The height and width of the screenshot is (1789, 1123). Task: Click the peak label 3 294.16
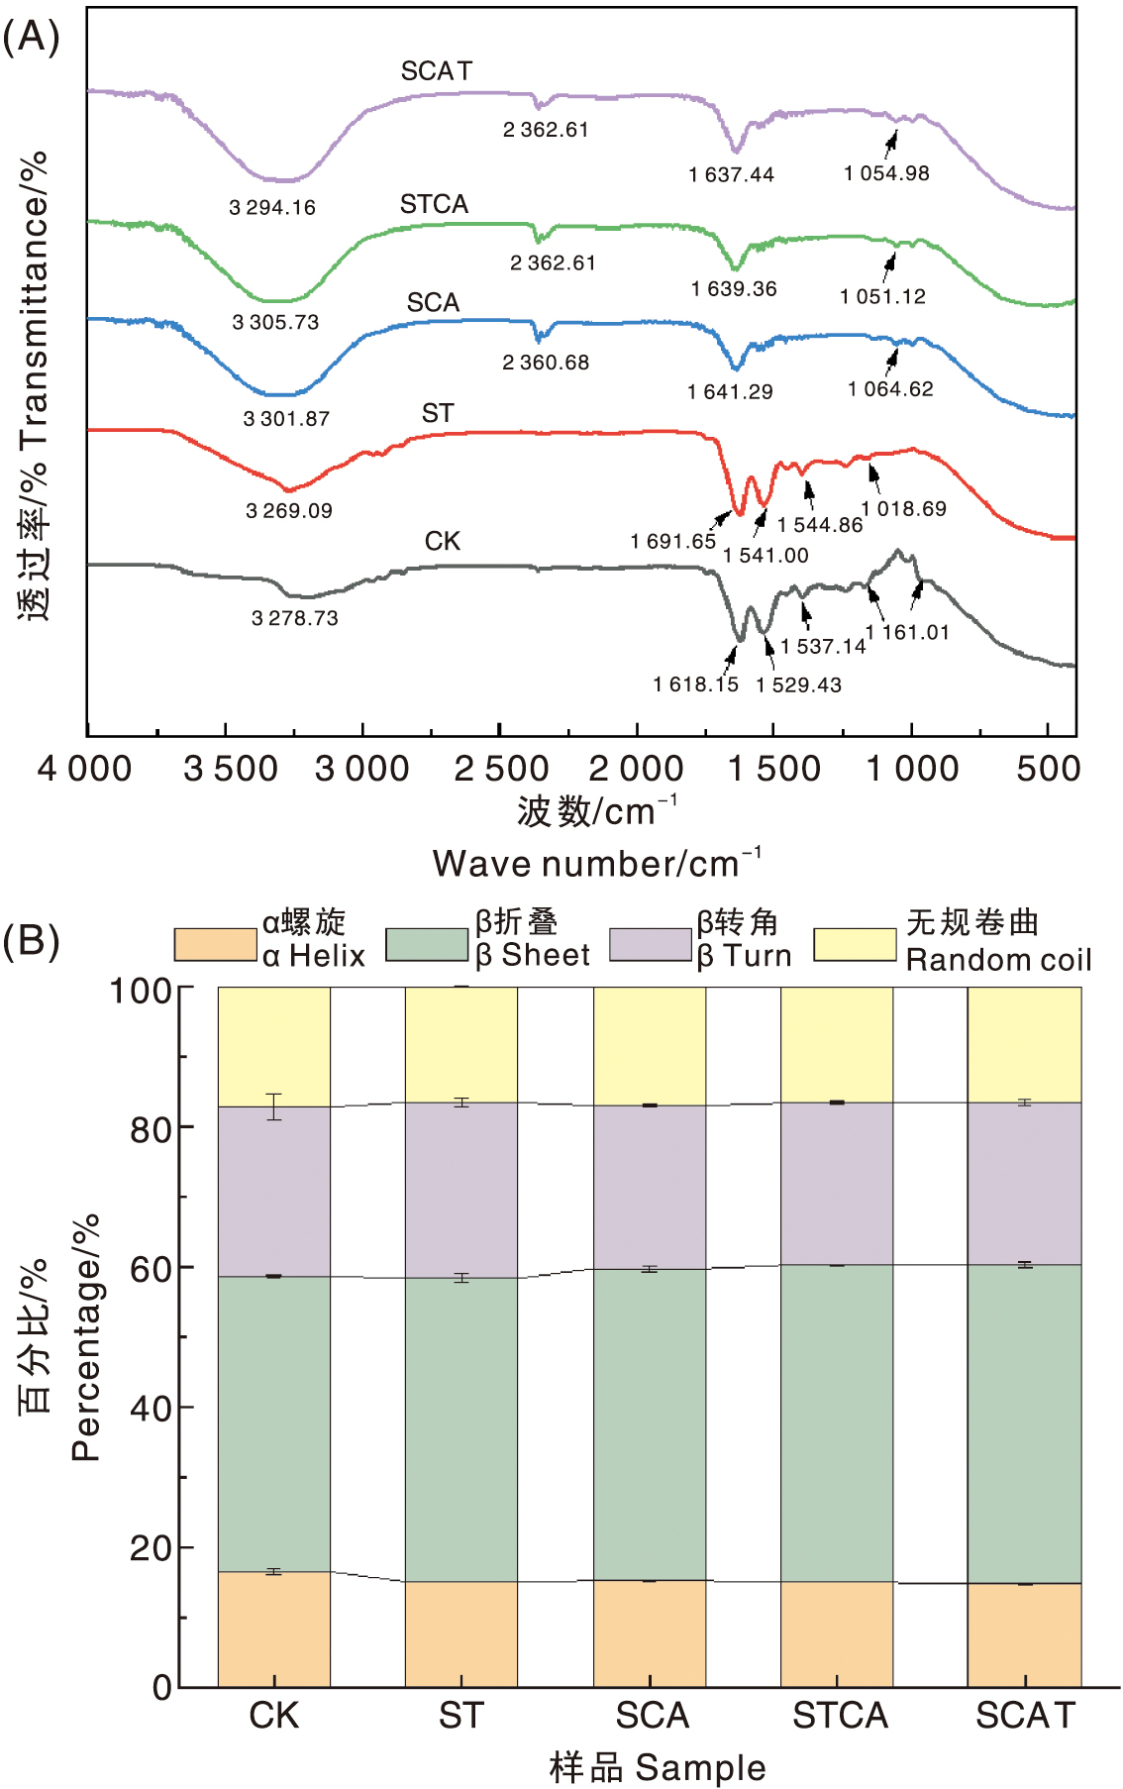tap(272, 208)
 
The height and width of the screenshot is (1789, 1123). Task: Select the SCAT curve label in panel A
tap(437, 71)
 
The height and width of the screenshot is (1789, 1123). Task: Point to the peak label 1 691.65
tap(672, 541)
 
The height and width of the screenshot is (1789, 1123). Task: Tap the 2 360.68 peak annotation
tap(546, 363)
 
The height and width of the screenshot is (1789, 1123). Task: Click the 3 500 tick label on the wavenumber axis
tap(231, 769)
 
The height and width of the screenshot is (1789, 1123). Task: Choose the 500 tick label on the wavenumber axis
tap(1048, 769)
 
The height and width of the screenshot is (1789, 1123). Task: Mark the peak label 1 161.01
tap(907, 632)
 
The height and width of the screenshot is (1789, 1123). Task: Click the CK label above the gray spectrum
tap(443, 541)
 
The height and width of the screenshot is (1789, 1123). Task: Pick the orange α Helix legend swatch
tap(215, 944)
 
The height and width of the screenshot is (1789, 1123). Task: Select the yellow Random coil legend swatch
tap(855, 944)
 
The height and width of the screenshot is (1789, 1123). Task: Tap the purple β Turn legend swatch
tap(650, 944)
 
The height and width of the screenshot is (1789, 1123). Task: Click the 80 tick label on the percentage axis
tap(150, 1129)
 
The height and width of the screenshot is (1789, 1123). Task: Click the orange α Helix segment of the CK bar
tap(274, 1629)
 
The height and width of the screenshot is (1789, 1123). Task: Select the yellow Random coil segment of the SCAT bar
tap(1024, 1044)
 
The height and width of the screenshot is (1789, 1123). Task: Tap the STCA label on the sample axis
tap(840, 1716)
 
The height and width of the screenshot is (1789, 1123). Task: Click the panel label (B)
tap(31, 939)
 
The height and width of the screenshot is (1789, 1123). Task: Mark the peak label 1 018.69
tap(903, 509)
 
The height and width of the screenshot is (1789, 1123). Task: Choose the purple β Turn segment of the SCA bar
tap(650, 1187)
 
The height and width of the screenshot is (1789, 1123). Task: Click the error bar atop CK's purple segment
tap(274, 1106)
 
